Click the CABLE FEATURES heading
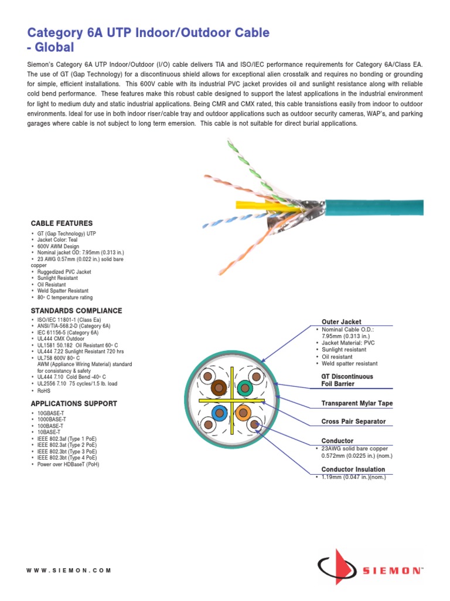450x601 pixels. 62,224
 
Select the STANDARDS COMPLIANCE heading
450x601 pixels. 76,310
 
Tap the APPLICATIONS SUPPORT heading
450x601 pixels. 74,404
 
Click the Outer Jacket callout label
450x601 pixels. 342,322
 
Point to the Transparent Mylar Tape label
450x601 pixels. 357,404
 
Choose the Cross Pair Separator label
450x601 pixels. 353,421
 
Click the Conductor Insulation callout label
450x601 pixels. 353,469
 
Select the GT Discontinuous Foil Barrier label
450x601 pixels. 347,380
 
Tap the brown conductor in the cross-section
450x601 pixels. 219,387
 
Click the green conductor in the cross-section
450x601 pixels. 244,387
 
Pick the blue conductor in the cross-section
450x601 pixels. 219,413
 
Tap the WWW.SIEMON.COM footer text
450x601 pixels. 69,570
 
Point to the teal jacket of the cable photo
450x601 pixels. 375,207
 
